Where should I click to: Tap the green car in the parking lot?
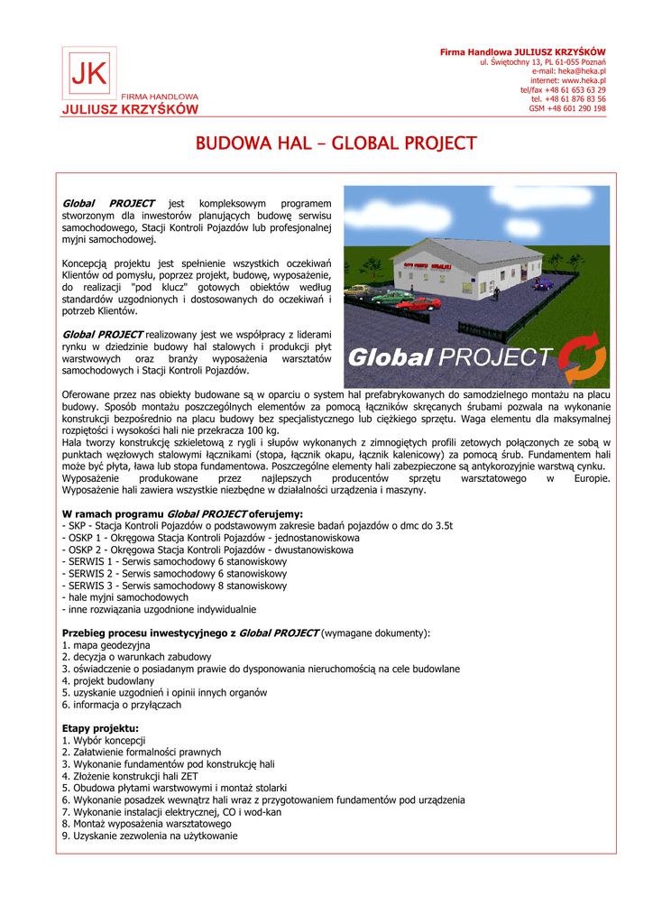(390, 295)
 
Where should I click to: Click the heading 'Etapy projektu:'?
(100, 728)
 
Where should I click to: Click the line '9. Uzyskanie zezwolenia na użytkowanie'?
(150, 836)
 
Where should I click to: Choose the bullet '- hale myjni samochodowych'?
(125, 597)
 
